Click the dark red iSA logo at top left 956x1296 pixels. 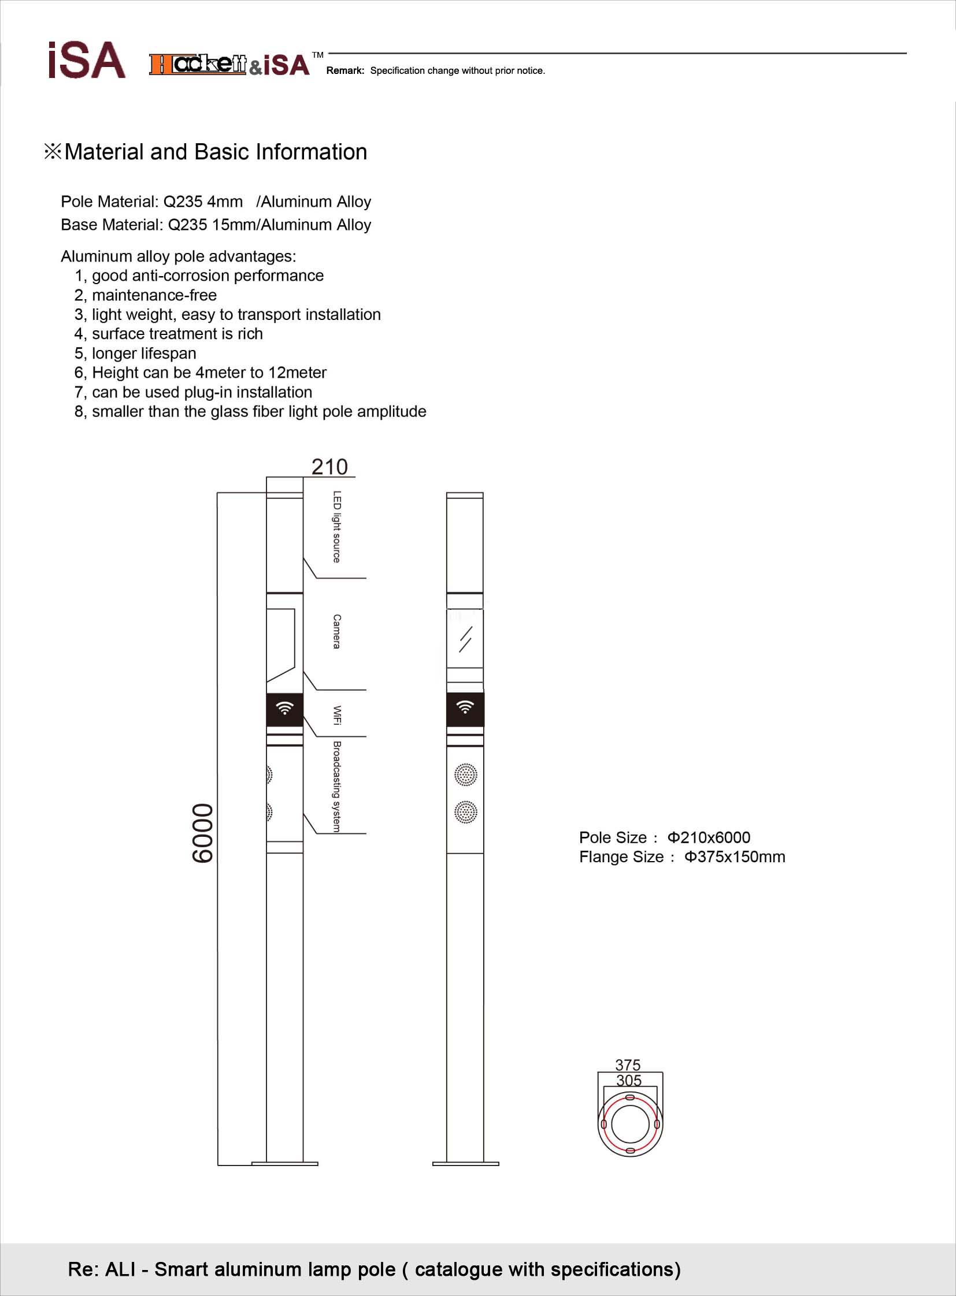pyautogui.click(x=87, y=60)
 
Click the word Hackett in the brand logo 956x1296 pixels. pyautogui.click(x=198, y=64)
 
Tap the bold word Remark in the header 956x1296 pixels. pyautogui.click(x=345, y=70)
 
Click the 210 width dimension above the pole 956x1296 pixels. pyautogui.click(x=329, y=467)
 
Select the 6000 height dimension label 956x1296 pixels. pyautogui.click(x=202, y=833)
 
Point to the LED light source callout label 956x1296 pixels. pyautogui.click(x=337, y=527)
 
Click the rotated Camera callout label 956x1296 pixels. pyautogui.click(x=337, y=631)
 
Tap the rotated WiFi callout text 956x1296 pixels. pyautogui.click(x=337, y=716)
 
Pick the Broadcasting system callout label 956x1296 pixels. pyautogui.click(x=337, y=787)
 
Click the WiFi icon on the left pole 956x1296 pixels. pyautogui.click(x=285, y=708)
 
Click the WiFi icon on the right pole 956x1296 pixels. pyautogui.click(x=465, y=707)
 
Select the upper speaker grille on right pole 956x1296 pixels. pyautogui.click(x=466, y=774)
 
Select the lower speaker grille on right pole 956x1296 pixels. pyautogui.click(x=466, y=812)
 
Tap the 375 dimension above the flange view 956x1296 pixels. pyautogui.click(x=628, y=1064)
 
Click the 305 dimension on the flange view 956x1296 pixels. pyautogui.click(x=629, y=1081)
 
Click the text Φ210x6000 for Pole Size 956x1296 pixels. pyautogui.click(x=709, y=837)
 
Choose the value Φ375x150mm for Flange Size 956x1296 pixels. pyautogui.click(x=735, y=856)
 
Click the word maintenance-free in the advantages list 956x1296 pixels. pyautogui.click(x=154, y=295)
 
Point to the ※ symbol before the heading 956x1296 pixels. pyautogui.click(x=53, y=152)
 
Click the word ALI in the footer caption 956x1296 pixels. pyautogui.click(x=120, y=1269)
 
